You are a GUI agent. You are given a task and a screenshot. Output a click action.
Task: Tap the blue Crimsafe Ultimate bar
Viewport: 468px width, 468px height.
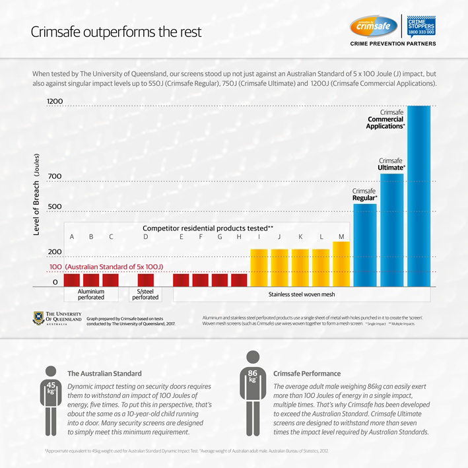(392, 230)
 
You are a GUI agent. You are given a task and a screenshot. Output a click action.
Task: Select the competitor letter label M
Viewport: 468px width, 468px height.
(341, 236)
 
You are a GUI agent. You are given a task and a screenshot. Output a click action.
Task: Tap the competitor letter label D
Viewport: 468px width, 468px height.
(145, 236)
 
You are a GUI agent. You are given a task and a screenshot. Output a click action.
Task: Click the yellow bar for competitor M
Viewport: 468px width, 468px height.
(341, 264)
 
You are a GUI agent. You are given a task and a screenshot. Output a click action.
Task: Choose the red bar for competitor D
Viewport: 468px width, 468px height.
(145, 280)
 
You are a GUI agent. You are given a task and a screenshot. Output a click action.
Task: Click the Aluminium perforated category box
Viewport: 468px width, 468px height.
(91, 294)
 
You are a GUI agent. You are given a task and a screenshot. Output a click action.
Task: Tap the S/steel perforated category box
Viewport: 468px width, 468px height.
(145, 294)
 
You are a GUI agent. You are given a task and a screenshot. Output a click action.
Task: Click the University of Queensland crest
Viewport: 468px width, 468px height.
(38, 319)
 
